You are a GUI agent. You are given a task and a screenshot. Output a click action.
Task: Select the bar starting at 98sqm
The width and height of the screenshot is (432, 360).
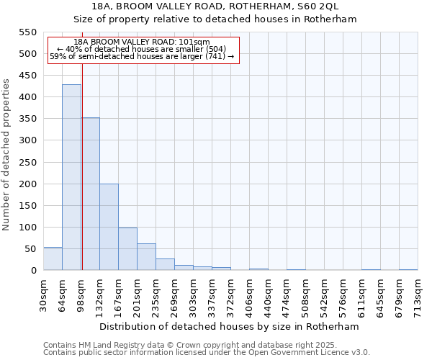tap(91, 194)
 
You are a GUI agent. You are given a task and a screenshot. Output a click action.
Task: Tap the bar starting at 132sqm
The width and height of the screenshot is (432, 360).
tap(109, 227)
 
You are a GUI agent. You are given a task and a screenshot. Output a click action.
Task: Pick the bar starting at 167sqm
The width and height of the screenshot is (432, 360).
tap(127, 248)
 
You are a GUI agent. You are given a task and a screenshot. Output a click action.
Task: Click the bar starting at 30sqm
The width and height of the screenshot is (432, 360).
tap(53, 258)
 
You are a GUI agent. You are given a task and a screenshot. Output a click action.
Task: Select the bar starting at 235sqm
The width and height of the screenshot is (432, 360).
tap(165, 264)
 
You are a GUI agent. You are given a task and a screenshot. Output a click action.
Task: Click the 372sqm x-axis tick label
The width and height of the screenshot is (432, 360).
tap(230, 296)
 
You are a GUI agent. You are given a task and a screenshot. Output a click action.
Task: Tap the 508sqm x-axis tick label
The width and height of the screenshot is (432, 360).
tap(305, 296)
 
